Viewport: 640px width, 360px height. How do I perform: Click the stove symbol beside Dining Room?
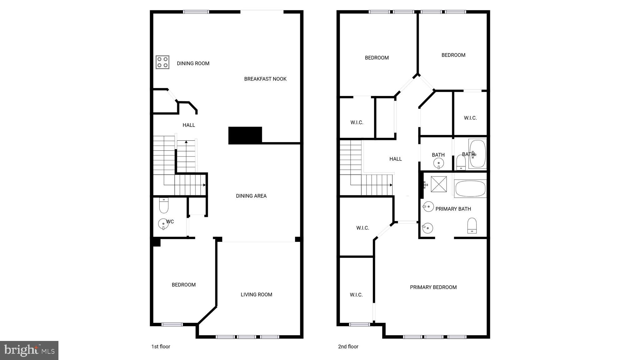(x=162, y=62)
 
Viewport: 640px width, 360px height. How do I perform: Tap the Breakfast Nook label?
(x=265, y=79)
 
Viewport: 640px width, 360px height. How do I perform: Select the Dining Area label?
(x=251, y=196)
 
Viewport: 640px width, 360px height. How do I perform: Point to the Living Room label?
(x=256, y=294)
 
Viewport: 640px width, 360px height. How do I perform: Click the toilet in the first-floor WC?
(x=164, y=205)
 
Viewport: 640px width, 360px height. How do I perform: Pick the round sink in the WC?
(x=163, y=224)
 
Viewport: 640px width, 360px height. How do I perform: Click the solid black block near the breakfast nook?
(x=245, y=135)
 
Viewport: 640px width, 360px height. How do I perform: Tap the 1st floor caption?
(x=161, y=347)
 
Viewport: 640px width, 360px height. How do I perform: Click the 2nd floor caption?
(x=348, y=347)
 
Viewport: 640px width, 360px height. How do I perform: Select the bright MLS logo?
(x=29, y=350)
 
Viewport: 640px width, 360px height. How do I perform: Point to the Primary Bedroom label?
(x=433, y=287)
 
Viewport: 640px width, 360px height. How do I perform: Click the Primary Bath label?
(x=453, y=209)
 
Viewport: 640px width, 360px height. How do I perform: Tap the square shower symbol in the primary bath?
(x=439, y=184)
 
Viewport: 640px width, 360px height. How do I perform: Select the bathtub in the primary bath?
(x=470, y=188)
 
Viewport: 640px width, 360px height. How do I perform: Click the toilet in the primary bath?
(x=472, y=225)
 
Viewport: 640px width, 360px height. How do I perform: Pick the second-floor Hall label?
(x=395, y=159)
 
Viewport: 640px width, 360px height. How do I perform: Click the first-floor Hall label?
(x=189, y=125)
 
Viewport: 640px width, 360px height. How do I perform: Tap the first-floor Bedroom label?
(x=184, y=285)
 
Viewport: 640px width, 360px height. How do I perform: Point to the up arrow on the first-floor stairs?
(x=186, y=142)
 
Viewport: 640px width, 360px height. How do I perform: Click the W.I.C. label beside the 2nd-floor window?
(x=356, y=295)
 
